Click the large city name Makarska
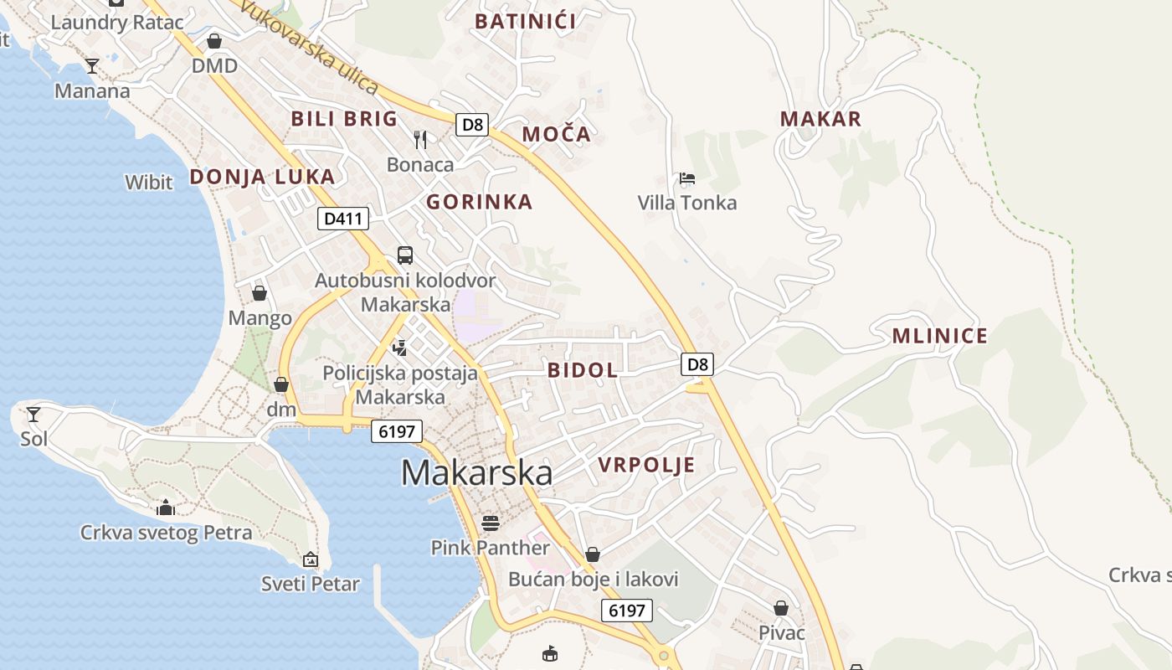[x=476, y=473]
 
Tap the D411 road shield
[x=343, y=219]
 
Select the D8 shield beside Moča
[x=472, y=125]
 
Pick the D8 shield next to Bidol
[x=698, y=364]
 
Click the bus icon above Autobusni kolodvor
[x=405, y=255]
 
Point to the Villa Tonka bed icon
[x=687, y=178]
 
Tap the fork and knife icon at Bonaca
[x=420, y=139]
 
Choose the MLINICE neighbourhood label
[x=939, y=337]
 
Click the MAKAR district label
[x=820, y=119]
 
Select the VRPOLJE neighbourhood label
[x=646, y=466]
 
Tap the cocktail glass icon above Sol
[x=33, y=414]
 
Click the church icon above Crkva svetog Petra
[x=166, y=508]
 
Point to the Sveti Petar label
[x=310, y=584]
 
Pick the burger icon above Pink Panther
[x=491, y=523]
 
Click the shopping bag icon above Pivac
[x=781, y=608]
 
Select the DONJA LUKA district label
[x=262, y=177]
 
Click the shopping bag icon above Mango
[x=260, y=293]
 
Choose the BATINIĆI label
[x=525, y=22]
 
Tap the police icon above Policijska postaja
[x=400, y=348]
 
